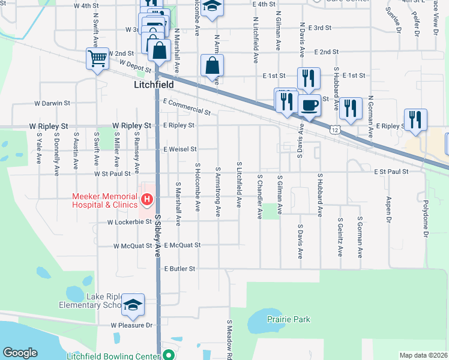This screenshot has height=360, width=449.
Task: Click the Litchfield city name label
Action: coord(153,86)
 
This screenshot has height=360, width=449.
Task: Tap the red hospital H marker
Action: coord(146,199)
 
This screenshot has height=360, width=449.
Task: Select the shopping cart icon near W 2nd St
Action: coord(97,59)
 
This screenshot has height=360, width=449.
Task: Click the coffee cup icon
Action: coord(309,106)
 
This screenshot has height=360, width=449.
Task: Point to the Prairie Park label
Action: coord(289,320)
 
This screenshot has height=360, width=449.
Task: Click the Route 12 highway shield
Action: coord(334,129)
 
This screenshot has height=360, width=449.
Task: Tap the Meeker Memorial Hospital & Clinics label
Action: coord(104,200)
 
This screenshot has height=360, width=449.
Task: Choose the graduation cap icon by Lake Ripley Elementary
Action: coord(133,304)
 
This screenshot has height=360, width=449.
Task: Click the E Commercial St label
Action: coord(186,107)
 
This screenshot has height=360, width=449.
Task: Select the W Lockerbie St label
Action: coord(129,222)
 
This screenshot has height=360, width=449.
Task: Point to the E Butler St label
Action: coord(180,269)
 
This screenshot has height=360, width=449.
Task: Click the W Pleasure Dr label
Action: coord(131,325)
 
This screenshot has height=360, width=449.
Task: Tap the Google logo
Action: coord(20,353)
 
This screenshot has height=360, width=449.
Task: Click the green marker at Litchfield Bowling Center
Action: coord(169,356)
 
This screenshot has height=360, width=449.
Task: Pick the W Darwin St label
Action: coord(50,103)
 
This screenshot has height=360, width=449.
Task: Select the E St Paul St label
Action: coord(390,172)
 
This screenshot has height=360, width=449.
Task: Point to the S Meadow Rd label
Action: coord(229,339)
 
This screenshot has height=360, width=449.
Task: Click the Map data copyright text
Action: coord(423,355)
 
